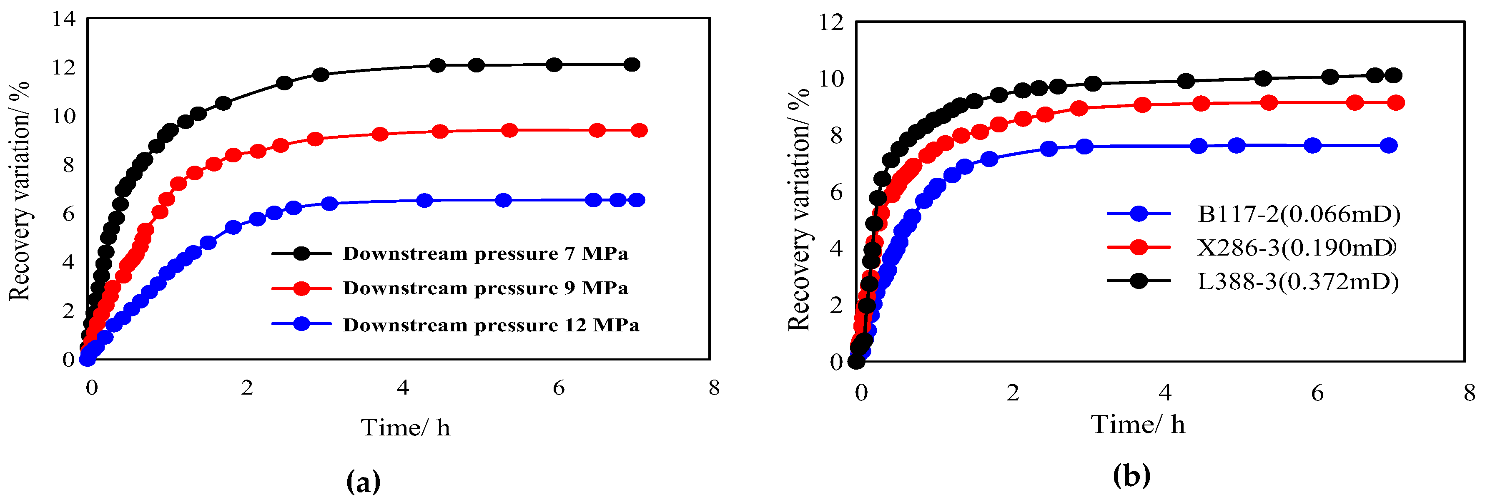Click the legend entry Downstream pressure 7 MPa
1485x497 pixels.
485,253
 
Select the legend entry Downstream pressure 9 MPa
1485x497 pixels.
485,288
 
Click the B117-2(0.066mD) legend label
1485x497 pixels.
1299,214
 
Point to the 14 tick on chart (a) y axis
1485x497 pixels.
63,19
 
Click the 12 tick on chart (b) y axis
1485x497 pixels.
831,22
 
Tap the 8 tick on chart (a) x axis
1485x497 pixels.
714,388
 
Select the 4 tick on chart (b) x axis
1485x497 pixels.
1165,393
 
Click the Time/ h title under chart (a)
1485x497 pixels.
405,428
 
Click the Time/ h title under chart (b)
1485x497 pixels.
1138,425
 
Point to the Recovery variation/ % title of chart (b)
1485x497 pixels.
799,210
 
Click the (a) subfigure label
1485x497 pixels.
364,481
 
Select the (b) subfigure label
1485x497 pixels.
1131,476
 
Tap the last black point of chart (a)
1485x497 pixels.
632,65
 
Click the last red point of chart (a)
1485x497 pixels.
639,131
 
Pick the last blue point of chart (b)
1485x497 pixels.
1389,146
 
